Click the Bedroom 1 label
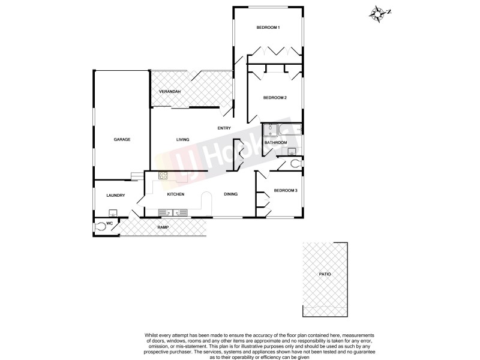tap(268, 28)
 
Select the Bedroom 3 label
tap(286, 191)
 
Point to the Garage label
tap(122, 140)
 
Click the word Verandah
tap(170, 91)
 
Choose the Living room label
tap(182, 140)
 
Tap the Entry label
tap(224, 128)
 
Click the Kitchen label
tap(175, 194)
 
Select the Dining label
tap(231, 194)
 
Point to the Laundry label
tap(115, 196)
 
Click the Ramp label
tap(163, 227)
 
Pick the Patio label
tap(325, 274)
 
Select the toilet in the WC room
tap(100, 227)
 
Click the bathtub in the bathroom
tap(294, 129)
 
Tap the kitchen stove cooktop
tap(163, 175)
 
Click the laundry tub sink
tap(112, 213)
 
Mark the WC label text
tap(110, 224)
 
